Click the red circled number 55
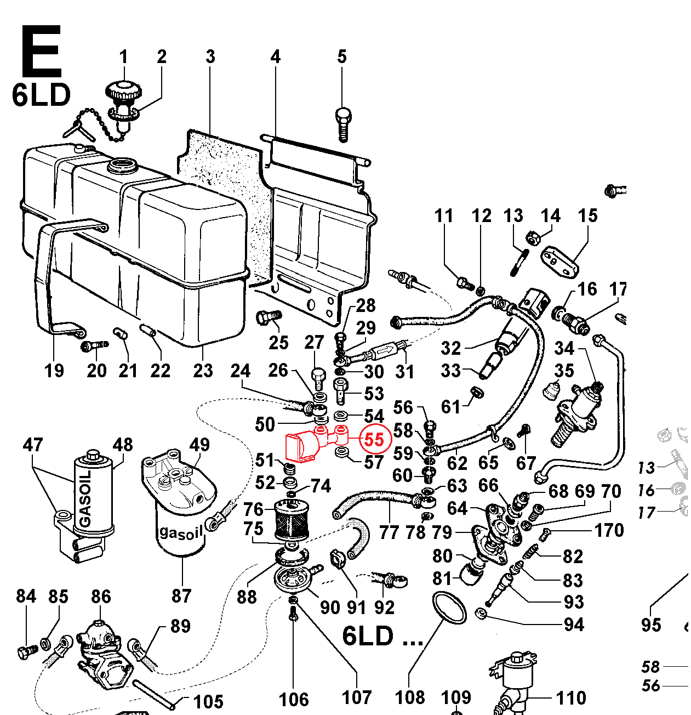click(374, 439)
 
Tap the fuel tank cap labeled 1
click(124, 91)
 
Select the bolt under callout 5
click(343, 123)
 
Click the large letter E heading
click(41, 52)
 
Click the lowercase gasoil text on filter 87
click(181, 532)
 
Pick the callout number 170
click(609, 530)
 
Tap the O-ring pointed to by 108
click(449, 608)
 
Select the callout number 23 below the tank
click(203, 370)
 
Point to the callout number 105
click(209, 701)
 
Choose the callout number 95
click(651, 625)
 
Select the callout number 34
click(564, 348)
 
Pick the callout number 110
click(571, 698)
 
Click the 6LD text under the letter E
click(41, 95)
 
